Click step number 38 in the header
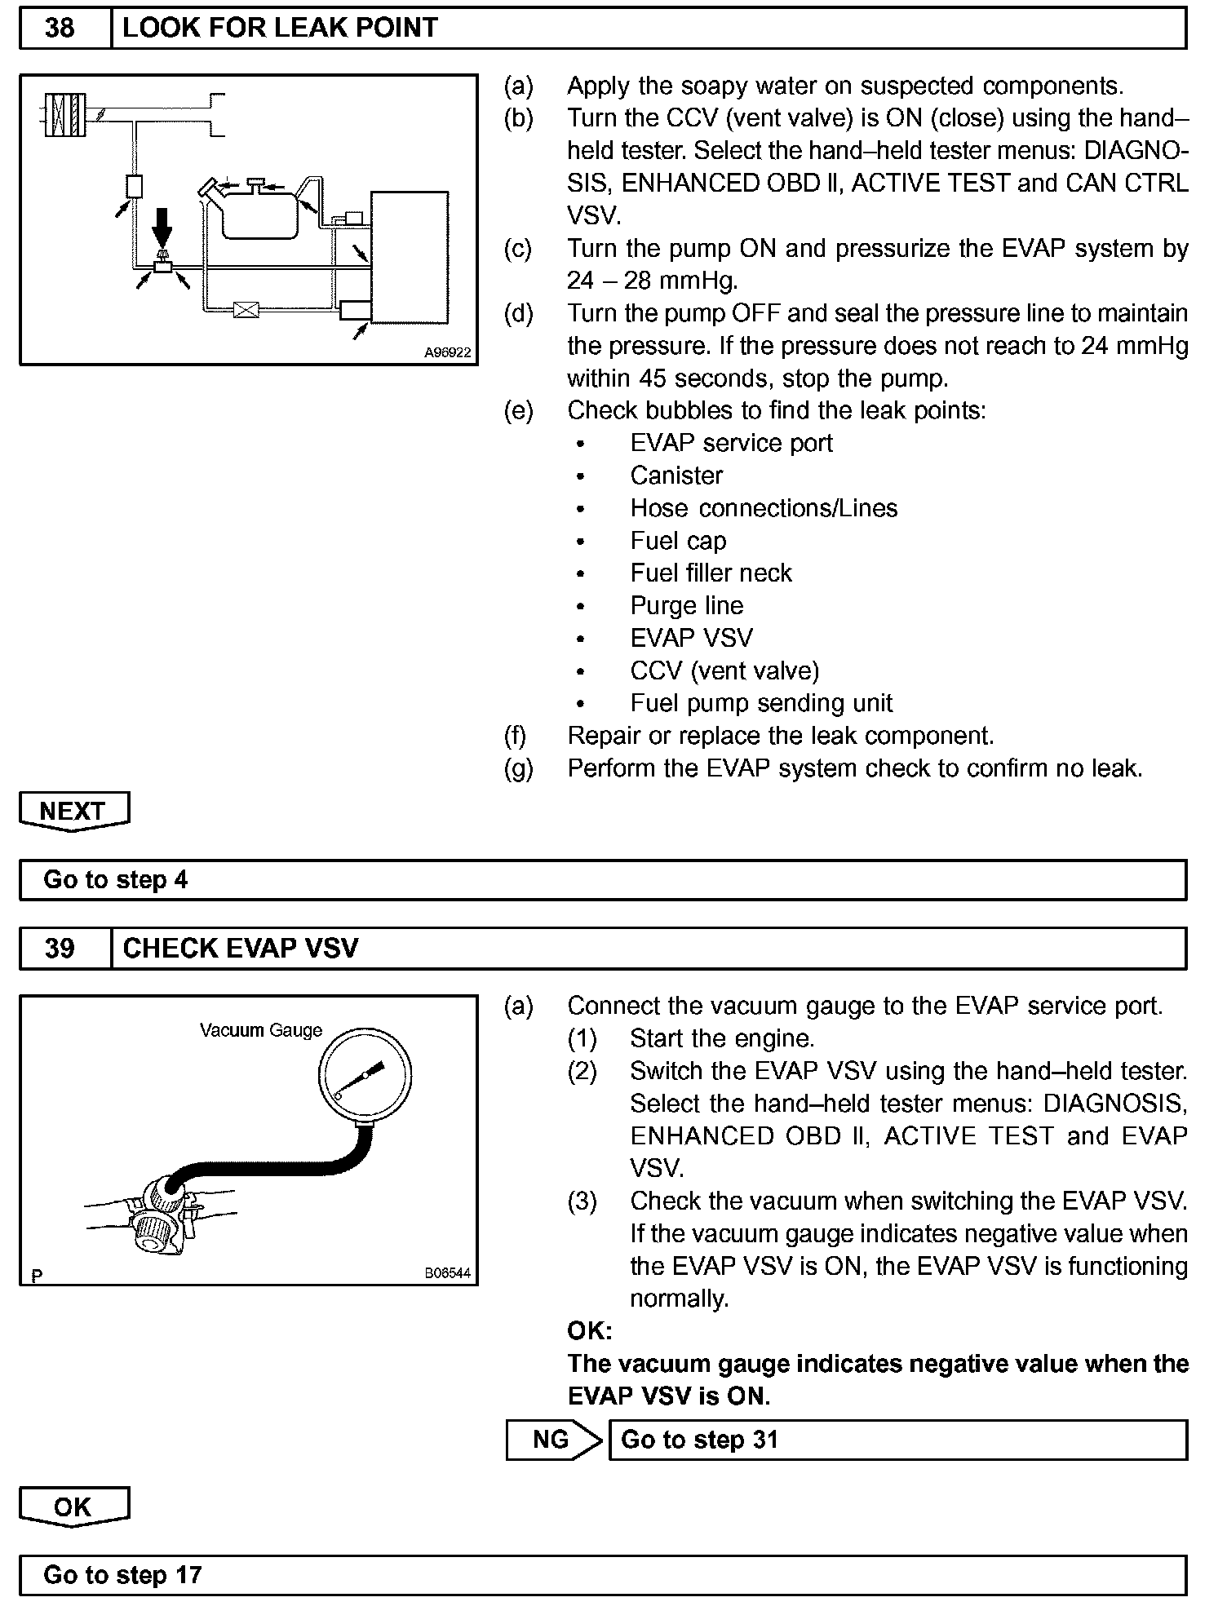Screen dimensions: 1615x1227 point(60,29)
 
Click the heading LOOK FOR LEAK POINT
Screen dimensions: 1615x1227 point(280,29)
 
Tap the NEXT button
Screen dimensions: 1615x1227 point(73,811)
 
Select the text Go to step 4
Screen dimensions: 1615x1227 point(116,879)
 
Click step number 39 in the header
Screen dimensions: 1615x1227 point(60,949)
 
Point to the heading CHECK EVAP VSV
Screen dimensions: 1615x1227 point(240,949)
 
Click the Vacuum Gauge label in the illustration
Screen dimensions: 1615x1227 point(261,1030)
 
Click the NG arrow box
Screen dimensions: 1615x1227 point(552,1439)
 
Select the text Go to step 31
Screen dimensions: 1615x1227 point(699,1439)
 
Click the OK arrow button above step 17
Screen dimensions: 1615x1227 point(73,1507)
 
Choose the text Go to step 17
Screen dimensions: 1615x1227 point(122,1574)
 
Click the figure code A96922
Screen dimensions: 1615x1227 point(447,353)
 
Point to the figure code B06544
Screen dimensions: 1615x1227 point(447,1273)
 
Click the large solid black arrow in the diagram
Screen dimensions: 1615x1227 point(163,226)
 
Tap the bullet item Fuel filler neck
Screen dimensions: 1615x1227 point(711,573)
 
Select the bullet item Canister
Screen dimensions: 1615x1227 point(676,476)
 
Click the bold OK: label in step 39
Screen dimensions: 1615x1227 point(590,1331)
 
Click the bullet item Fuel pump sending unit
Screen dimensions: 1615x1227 point(761,703)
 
